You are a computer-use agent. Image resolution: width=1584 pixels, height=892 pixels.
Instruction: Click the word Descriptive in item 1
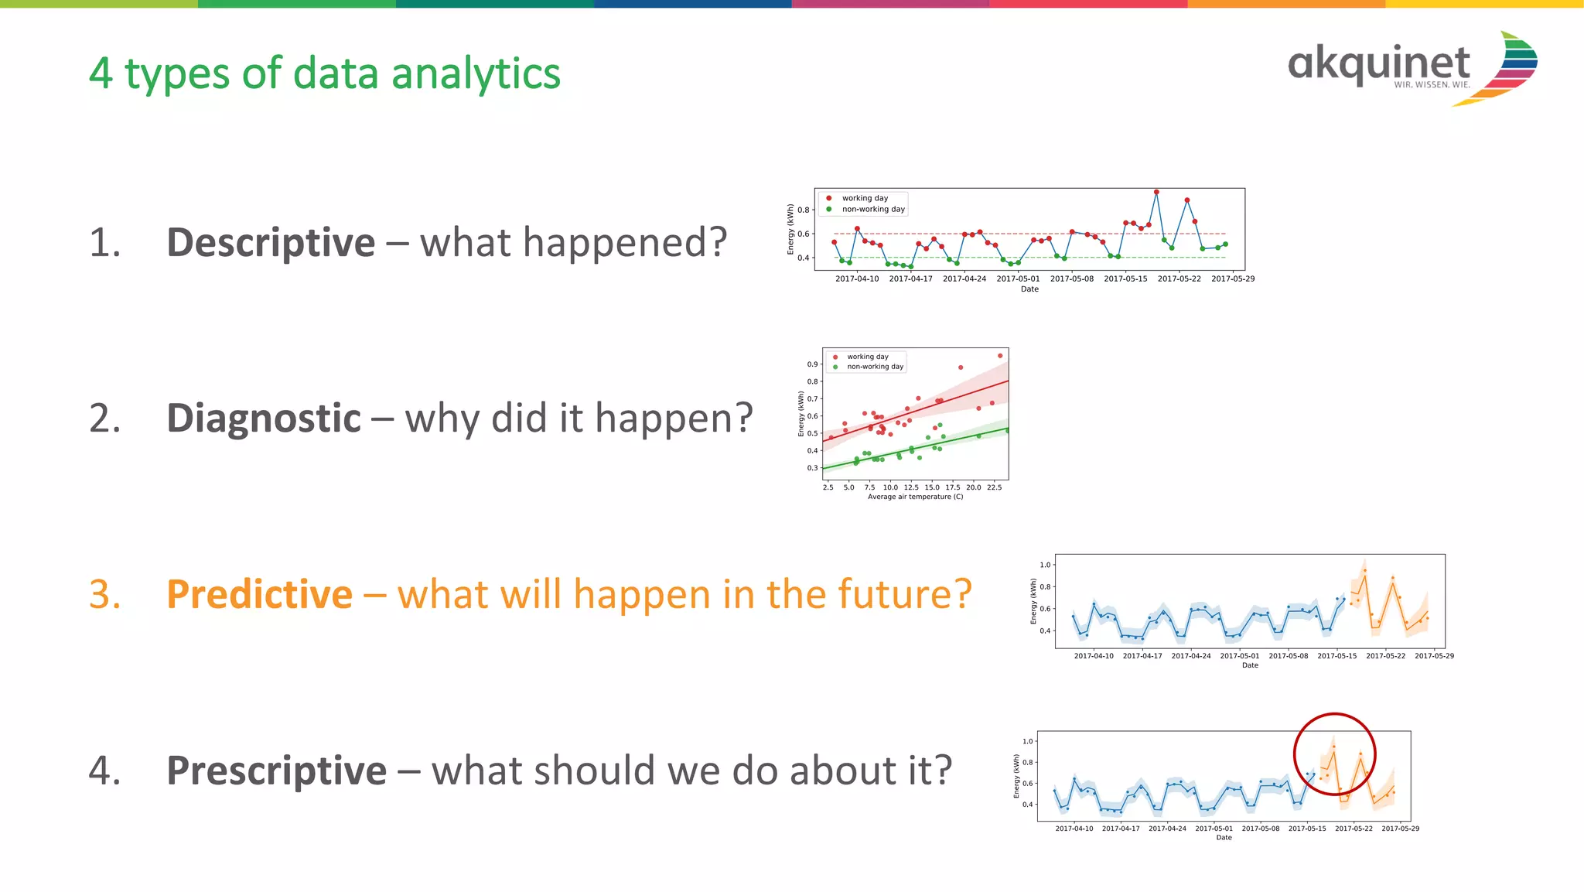coord(271,242)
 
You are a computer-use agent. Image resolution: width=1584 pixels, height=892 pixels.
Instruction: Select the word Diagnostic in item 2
coord(264,419)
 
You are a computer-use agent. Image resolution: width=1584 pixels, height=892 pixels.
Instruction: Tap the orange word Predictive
coord(259,594)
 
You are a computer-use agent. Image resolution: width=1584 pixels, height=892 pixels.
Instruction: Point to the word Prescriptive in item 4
coord(276,771)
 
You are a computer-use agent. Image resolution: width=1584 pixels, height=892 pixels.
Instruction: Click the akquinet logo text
coord(1378,63)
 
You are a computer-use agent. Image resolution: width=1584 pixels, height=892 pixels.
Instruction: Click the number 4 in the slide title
coord(101,74)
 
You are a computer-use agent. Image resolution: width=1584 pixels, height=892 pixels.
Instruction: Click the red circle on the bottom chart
coord(1335,715)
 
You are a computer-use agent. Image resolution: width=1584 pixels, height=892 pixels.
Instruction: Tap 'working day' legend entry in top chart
coord(865,198)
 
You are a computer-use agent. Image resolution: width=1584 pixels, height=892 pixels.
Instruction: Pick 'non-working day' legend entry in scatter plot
coord(875,367)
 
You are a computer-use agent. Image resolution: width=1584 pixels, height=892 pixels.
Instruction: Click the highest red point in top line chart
coord(1156,192)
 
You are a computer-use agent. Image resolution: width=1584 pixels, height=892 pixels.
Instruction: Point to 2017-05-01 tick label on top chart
coord(1018,279)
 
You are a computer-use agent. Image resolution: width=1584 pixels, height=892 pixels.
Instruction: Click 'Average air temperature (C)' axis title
coord(915,497)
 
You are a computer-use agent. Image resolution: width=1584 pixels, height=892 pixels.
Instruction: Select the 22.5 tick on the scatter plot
coord(994,487)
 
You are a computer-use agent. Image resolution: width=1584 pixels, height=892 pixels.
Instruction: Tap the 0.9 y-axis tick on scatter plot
coord(812,364)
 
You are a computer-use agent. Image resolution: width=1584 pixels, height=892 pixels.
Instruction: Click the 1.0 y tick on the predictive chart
coord(1045,565)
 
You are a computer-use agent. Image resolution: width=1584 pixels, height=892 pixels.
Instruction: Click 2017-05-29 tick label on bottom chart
coord(1400,829)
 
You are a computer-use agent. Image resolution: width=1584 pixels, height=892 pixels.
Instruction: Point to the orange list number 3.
coord(105,594)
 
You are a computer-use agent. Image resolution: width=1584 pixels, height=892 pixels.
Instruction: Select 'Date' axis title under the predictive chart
coord(1250,665)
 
